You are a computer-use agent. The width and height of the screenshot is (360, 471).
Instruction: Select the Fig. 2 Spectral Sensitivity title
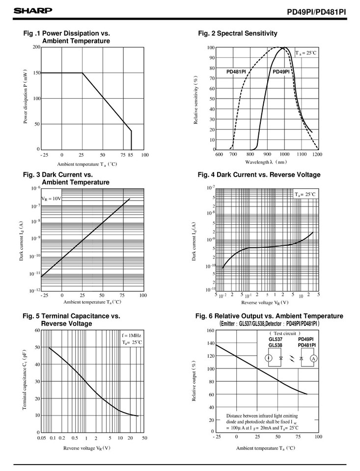pyautogui.click(x=237, y=33)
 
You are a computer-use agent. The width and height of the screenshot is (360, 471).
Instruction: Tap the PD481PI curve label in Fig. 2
pyautogui.click(x=236, y=72)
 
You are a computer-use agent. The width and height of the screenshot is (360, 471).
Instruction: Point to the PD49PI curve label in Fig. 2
pyautogui.click(x=281, y=72)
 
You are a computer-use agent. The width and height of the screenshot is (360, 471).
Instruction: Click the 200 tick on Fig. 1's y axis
pyautogui.click(x=36, y=47)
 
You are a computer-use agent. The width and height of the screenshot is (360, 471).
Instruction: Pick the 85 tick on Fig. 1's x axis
pyautogui.click(x=131, y=155)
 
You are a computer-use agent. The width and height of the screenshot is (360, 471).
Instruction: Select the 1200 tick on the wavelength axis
pyautogui.click(x=317, y=154)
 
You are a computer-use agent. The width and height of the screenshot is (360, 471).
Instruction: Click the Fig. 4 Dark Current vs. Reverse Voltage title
pyautogui.click(x=258, y=175)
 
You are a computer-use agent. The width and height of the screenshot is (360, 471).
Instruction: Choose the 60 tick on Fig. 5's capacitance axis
pyautogui.click(x=36, y=330)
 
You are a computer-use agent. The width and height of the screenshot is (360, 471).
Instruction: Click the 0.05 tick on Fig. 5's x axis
pyautogui.click(x=41, y=438)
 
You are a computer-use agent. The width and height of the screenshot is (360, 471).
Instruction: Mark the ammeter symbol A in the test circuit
pyautogui.click(x=312, y=359)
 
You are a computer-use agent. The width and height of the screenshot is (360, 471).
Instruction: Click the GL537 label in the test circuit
pyautogui.click(x=276, y=339)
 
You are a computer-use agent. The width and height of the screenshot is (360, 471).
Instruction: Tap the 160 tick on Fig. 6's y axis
pyautogui.click(x=209, y=330)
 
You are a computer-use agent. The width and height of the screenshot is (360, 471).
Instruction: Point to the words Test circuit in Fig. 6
pyautogui.click(x=289, y=333)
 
